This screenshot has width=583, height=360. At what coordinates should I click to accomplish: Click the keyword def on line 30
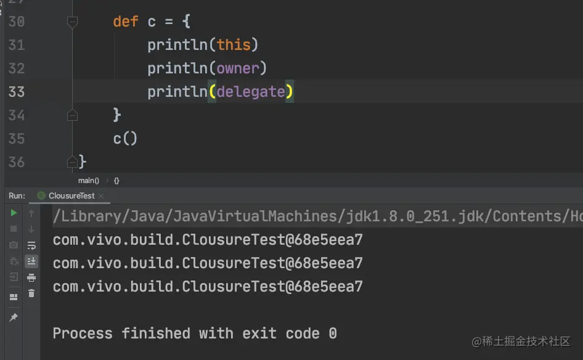point(125,22)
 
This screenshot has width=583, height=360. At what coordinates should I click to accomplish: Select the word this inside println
point(234,45)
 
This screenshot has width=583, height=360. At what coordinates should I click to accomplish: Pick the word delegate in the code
point(250,92)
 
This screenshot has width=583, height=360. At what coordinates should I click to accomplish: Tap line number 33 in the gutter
point(17,92)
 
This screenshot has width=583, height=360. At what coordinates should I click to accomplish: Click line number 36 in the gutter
point(17,162)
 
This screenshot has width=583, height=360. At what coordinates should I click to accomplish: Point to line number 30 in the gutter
point(17,22)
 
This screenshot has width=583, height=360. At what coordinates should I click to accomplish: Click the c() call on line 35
point(125,139)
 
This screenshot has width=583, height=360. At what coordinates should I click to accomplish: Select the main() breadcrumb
point(88,181)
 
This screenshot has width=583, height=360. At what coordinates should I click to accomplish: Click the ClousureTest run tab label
point(72,196)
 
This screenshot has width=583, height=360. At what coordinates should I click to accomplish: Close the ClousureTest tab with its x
point(102,196)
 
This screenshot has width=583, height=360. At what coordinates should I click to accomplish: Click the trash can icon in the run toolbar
point(31,293)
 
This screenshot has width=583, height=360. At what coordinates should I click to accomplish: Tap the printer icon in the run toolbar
point(31,277)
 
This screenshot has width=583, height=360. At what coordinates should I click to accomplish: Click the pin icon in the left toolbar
point(13,317)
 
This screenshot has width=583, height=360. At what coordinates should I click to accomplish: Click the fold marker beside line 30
point(72,22)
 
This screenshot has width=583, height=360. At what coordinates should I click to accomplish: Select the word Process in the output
point(83,333)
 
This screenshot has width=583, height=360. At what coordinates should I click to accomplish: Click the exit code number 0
point(333,333)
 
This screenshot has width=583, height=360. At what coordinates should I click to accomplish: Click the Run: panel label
point(17,196)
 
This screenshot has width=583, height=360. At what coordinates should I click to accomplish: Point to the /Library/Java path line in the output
point(308,216)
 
